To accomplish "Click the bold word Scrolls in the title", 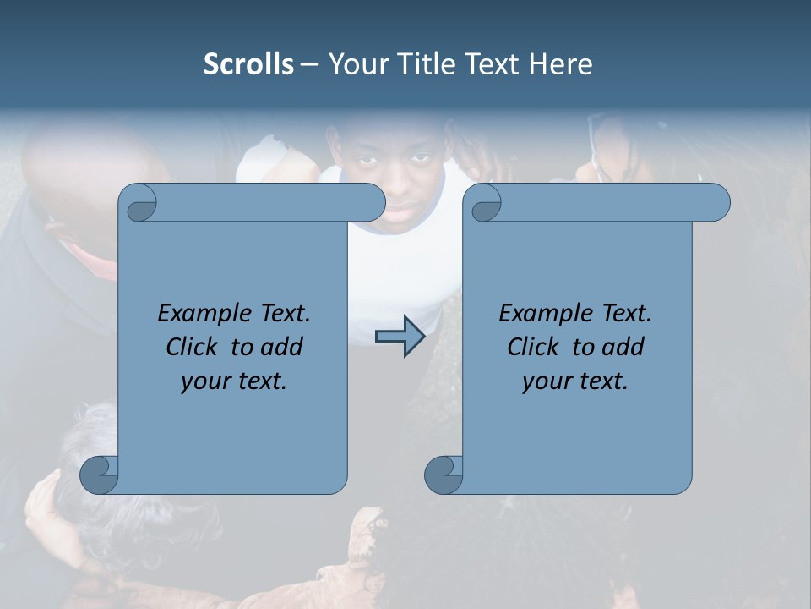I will pos(248,64).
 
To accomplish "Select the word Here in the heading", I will pos(561,64).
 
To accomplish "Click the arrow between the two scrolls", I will pos(400,337).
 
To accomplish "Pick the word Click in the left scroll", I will pos(184,348).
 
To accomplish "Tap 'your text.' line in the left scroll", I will pos(234,381).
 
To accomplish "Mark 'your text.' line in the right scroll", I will pos(575,381).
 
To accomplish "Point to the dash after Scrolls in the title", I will pos(309,64).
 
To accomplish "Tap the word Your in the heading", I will pos(357,64).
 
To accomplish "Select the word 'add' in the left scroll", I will pos(282,348).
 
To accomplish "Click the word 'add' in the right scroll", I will pos(623,348).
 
